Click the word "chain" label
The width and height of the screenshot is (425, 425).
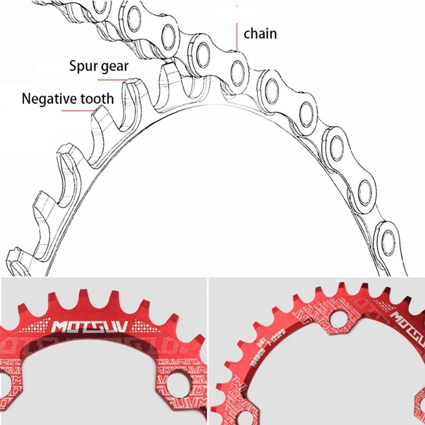[x=260, y=33]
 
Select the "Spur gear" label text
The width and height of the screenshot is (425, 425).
[x=99, y=66]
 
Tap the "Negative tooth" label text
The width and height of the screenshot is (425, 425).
[x=67, y=98]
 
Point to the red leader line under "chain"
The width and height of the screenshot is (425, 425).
[x=236, y=37]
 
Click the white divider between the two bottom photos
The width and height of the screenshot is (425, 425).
[x=208, y=351]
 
